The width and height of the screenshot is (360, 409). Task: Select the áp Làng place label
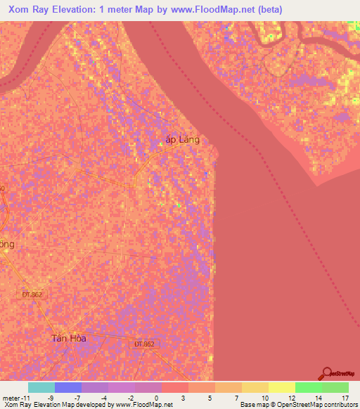coord(182,140)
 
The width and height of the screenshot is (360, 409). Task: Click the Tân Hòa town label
coord(68,338)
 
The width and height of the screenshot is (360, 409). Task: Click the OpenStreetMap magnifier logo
coord(328,374)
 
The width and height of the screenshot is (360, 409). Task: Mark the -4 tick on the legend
coord(105,398)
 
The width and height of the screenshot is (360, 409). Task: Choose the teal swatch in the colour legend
coord(41,387)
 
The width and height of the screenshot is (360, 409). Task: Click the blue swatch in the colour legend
coord(67,387)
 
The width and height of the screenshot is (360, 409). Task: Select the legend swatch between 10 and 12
coord(281,387)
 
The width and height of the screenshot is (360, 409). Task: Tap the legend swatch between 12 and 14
coord(308,387)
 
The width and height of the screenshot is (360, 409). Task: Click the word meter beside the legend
coord(10,398)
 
